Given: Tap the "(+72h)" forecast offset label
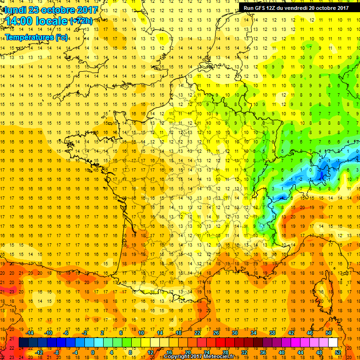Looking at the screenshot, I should pos(81,21).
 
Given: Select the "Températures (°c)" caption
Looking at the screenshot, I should pos(36,37).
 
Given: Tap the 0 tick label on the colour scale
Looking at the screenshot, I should pos(93,352).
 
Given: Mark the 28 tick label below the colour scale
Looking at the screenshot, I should pos(225,352).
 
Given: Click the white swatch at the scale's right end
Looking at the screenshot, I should pos(333,342).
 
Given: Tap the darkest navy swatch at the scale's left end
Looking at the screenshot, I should pos(23,342).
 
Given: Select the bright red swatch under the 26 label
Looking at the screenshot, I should pos(216,342).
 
